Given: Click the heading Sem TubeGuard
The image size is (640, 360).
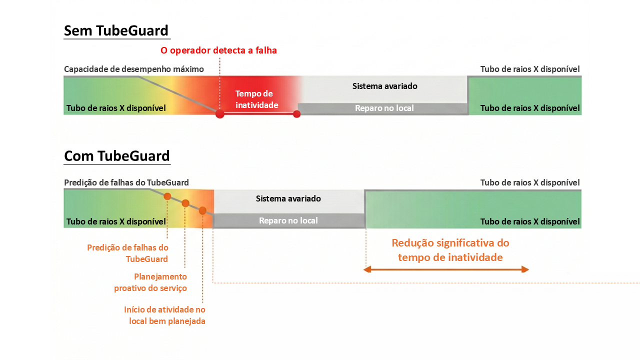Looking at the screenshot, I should click(x=116, y=31).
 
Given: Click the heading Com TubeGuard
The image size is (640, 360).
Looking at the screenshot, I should click(x=117, y=156).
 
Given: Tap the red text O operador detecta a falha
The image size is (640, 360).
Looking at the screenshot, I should click(x=218, y=50).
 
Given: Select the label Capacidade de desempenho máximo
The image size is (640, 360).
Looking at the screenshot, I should click(x=134, y=69).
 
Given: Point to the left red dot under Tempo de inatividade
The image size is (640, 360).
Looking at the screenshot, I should click(x=219, y=113).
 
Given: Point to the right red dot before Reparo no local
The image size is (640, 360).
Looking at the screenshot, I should click(x=296, y=113).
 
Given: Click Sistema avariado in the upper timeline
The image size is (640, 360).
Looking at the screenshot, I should click(x=384, y=86).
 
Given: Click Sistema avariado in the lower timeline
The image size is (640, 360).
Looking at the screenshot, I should click(x=288, y=198).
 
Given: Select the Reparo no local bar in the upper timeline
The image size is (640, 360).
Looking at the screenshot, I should click(x=384, y=108).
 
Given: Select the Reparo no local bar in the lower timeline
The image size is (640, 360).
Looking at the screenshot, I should click(x=288, y=220).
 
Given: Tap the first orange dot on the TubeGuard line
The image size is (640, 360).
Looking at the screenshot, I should click(x=167, y=196).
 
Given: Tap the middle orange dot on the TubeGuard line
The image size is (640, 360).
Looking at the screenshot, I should click(x=185, y=203).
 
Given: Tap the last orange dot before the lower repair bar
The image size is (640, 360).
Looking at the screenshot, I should click(x=202, y=210).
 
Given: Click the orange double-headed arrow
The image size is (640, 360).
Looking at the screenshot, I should click(x=446, y=269).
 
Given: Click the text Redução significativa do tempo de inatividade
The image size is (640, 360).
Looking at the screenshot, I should click(x=450, y=250).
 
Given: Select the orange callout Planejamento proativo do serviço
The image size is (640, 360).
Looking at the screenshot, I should click(x=150, y=282).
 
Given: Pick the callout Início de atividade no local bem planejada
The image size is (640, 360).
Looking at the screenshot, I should click(x=165, y=315).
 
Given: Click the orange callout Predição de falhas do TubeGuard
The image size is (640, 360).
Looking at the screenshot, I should click(x=127, y=253).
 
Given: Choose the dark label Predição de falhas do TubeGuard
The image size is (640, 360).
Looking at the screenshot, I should click(x=126, y=182).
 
